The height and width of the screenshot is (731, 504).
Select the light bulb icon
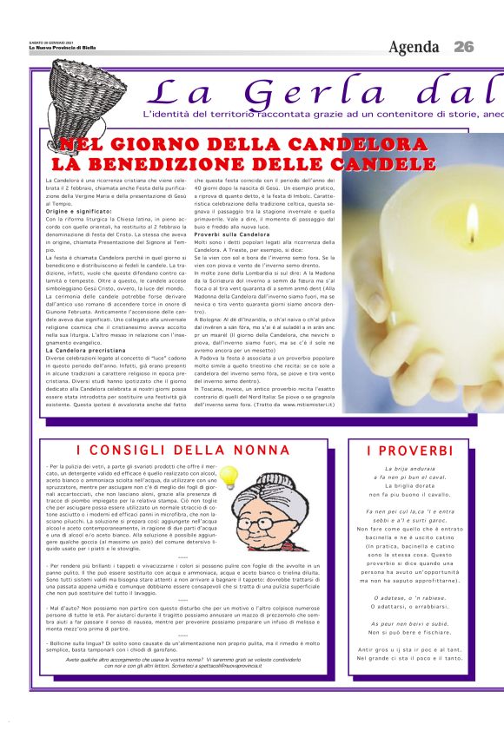click(x=229, y=476)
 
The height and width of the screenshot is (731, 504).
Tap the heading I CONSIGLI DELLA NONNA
click(x=182, y=450)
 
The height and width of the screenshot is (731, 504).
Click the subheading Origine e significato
click(x=79, y=212)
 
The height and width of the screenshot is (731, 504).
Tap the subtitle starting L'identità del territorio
click(x=322, y=115)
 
